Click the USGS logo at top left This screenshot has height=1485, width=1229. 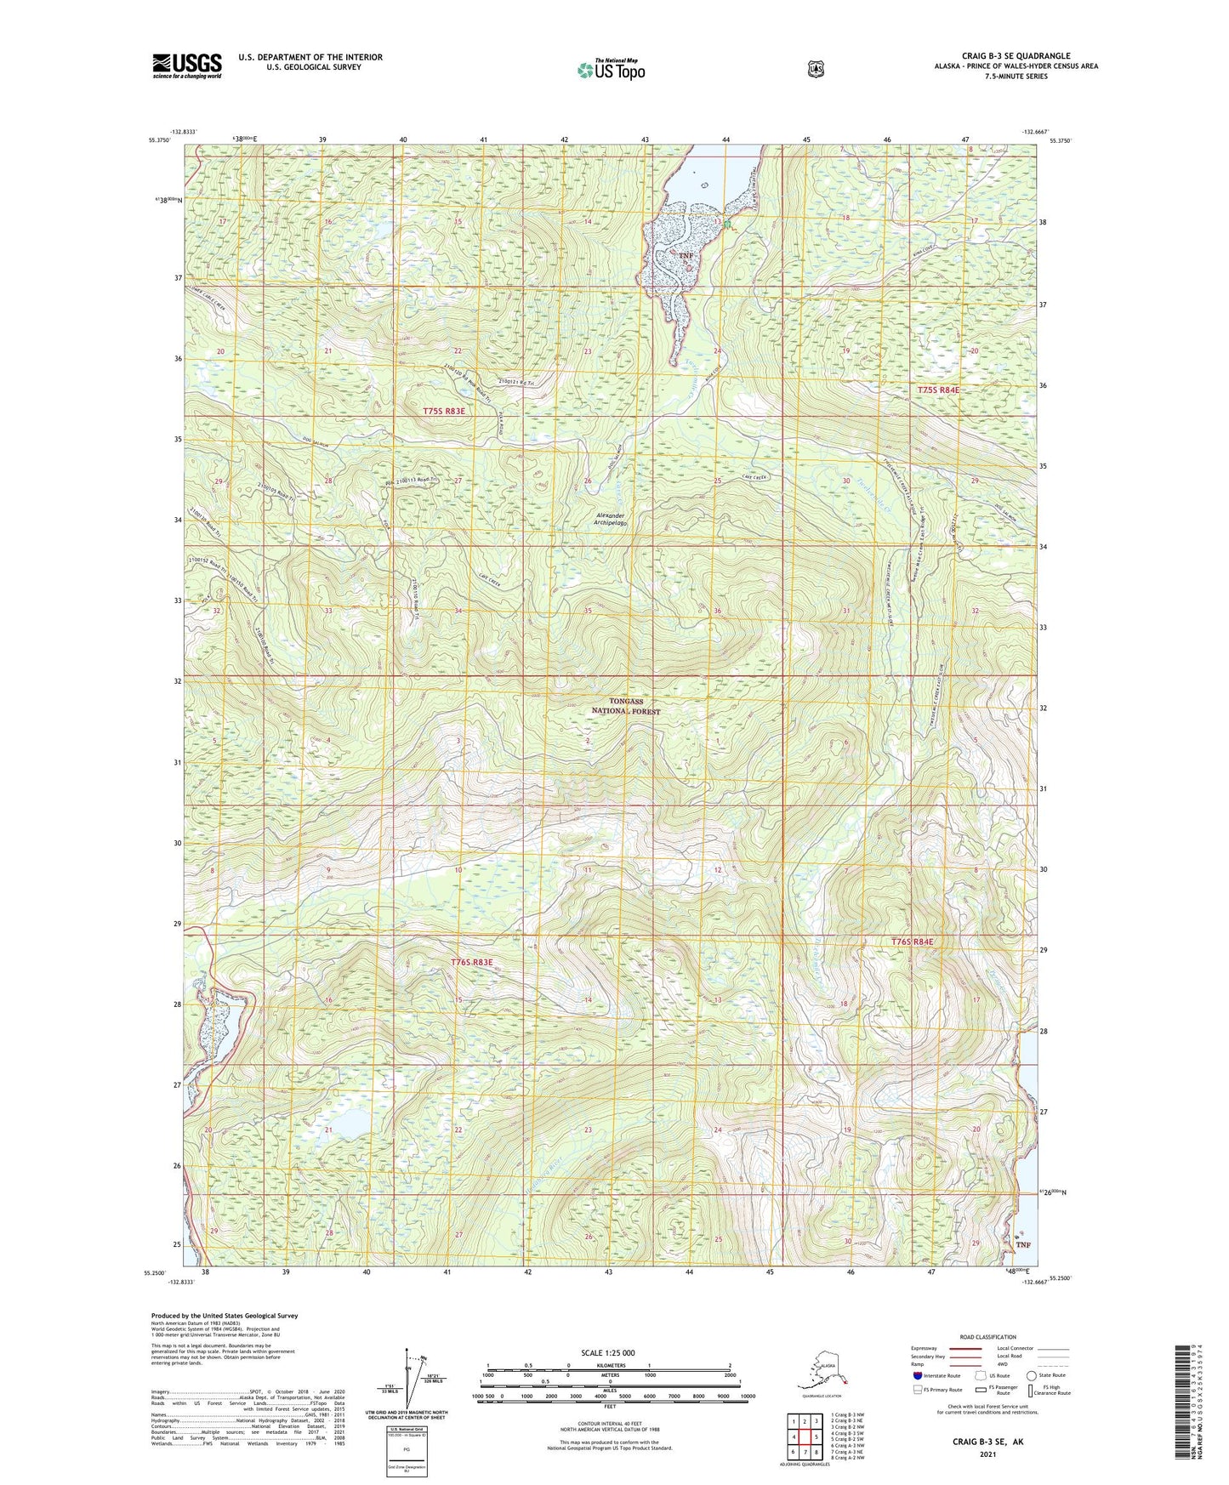187,65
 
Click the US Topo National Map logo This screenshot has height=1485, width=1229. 610,70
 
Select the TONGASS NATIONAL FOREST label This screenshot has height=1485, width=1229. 625,706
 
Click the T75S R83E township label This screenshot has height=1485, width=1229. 445,411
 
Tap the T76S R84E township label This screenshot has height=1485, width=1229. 912,942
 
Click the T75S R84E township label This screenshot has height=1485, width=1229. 938,390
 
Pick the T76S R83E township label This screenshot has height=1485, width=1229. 472,962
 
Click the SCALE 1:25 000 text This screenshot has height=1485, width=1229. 607,1352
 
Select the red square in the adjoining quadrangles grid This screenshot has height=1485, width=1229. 805,1437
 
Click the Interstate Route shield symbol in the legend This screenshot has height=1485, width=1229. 917,1374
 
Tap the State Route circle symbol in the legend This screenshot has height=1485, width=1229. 1031,1375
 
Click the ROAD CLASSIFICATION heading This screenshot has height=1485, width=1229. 987,1337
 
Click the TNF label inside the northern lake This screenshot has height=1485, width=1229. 686,255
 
